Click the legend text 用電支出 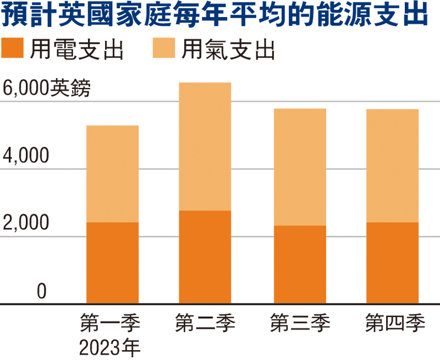click(76, 50)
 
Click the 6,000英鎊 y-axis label click(45, 88)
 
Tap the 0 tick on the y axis click(41, 292)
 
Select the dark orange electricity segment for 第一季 click(113, 263)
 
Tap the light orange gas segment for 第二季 click(205, 146)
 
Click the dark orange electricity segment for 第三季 click(300, 264)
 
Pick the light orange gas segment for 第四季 click(393, 165)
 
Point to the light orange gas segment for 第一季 click(113, 174)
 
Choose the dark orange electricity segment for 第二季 click(205, 257)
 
